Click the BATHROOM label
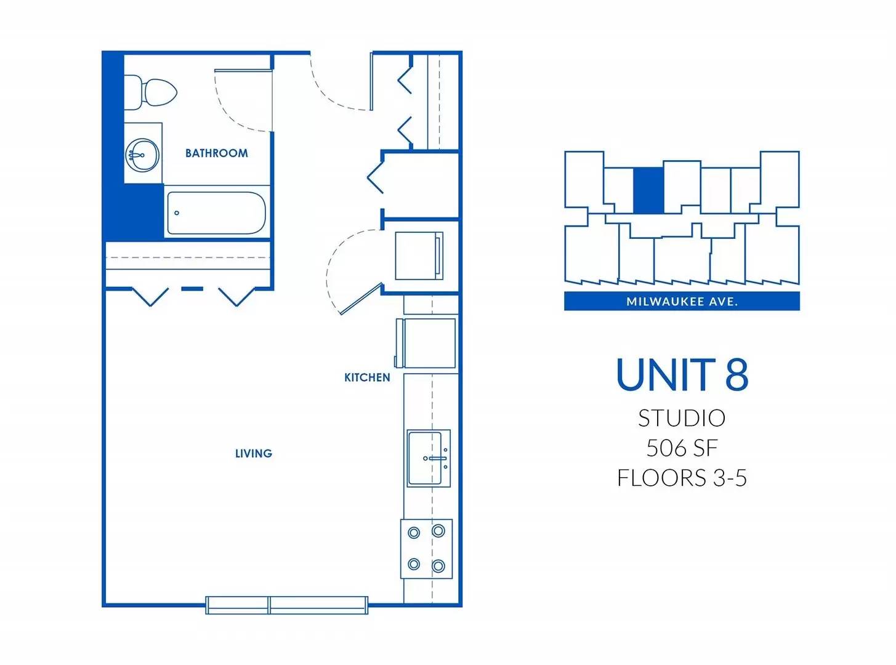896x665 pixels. coord(217,153)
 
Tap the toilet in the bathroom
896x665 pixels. coord(150,92)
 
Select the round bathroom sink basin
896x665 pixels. coord(142,155)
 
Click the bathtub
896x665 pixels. coord(217,213)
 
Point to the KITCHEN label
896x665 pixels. coord(367,377)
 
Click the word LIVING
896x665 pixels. coord(254,453)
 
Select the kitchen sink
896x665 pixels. coord(429,458)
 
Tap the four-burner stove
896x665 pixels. coord(427,549)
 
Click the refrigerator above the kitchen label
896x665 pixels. coord(426,343)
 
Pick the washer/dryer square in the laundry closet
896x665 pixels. coord(419,256)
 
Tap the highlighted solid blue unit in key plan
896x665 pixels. coord(648,190)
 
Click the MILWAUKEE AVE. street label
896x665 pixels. coord(682,301)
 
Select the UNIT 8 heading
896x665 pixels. coord(682,374)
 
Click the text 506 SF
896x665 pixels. coord(682,448)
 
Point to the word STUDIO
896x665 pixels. coord(682,418)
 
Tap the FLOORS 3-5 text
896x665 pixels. coord(682,478)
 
